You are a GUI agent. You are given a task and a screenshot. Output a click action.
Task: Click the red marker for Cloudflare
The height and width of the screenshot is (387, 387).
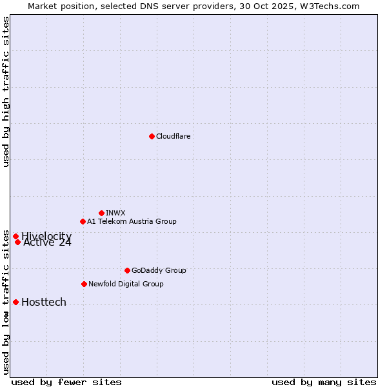pyautogui.click(x=152, y=136)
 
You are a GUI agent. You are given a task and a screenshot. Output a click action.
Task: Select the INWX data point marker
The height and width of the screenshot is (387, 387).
pyautogui.click(x=101, y=213)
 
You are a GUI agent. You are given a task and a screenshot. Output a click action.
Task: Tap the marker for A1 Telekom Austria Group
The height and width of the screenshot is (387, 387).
pyautogui.click(x=83, y=221)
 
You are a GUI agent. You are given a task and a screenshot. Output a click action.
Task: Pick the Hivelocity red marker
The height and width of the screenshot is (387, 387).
pyautogui.click(x=15, y=237)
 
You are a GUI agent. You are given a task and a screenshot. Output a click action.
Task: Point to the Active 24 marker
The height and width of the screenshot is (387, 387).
pyautogui.click(x=18, y=243)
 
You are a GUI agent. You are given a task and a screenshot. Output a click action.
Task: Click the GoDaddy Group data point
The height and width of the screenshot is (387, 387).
pyautogui.click(x=127, y=270)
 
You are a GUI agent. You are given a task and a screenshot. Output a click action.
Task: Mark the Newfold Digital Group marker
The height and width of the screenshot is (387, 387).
pyautogui.click(x=84, y=284)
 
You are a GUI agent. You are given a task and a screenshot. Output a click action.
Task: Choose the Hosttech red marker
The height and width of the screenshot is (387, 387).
pyautogui.click(x=15, y=302)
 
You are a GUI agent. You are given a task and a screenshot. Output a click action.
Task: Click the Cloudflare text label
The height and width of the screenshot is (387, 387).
pyautogui.click(x=173, y=136)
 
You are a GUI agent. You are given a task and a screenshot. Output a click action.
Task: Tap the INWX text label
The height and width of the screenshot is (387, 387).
pyautogui.click(x=115, y=213)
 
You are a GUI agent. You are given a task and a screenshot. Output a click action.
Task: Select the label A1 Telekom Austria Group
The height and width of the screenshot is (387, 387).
pyautogui.click(x=132, y=221)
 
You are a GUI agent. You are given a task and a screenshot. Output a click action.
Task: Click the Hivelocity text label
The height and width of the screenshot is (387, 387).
pyautogui.click(x=46, y=236)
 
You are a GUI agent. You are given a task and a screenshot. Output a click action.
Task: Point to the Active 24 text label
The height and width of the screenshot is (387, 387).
pyautogui.click(x=48, y=243)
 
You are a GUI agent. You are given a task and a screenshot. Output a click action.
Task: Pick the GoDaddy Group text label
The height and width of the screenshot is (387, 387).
pyautogui.click(x=159, y=270)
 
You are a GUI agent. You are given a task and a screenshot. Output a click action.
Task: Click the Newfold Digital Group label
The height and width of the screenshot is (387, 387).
pyautogui.click(x=126, y=284)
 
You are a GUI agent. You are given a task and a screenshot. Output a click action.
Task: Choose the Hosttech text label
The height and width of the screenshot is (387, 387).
pyautogui.click(x=44, y=302)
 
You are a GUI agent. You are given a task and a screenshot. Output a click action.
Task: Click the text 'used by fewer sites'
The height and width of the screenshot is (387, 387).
pyautogui.click(x=66, y=382)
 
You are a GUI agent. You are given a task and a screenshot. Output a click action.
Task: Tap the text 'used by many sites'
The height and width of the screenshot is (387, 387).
pyautogui.click(x=324, y=382)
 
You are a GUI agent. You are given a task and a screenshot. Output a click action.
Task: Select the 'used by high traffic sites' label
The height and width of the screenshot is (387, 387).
pyautogui.click(x=6, y=92)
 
